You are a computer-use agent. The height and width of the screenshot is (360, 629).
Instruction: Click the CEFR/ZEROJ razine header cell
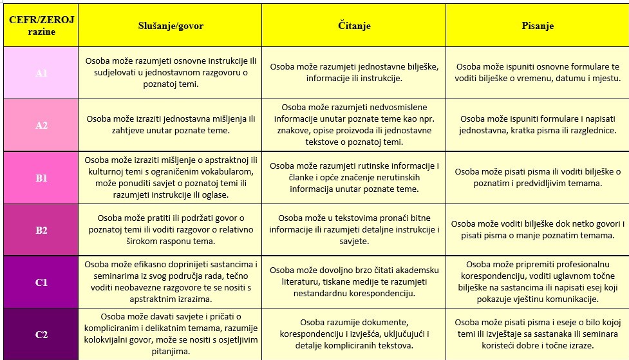(x=41, y=26)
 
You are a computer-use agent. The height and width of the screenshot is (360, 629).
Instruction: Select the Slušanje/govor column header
(x=170, y=26)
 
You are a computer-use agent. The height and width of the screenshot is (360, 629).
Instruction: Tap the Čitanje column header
(x=354, y=26)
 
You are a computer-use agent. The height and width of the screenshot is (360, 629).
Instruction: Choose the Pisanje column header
(x=538, y=26)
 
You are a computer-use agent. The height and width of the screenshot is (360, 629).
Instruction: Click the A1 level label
(x=41, y=73)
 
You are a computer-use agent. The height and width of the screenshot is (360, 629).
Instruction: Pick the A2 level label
(x=41, y=125)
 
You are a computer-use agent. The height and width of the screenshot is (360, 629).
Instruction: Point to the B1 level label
(x=41, y=178)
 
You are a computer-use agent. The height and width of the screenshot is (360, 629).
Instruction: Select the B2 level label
(x=41, y=230)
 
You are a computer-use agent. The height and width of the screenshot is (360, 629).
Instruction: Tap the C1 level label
(x=41, y=282)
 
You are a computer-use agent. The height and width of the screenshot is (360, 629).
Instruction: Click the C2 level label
(x=41, y=334)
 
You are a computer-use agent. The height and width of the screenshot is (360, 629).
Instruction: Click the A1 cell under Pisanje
(x=538, y=72)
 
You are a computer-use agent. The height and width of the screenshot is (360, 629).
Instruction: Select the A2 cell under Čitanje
(x=354, y=124)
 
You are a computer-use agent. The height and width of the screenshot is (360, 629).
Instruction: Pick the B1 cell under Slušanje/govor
(x=170, y=177)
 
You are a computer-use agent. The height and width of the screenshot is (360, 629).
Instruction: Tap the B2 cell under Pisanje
(x=538, y=230)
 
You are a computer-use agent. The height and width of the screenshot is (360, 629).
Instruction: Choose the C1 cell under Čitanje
(x=354, y=281)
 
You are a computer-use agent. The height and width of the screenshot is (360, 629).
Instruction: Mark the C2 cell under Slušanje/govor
(x=170, y=334)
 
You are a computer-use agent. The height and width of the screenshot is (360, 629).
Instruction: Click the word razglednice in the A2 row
(x=588, y=131)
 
